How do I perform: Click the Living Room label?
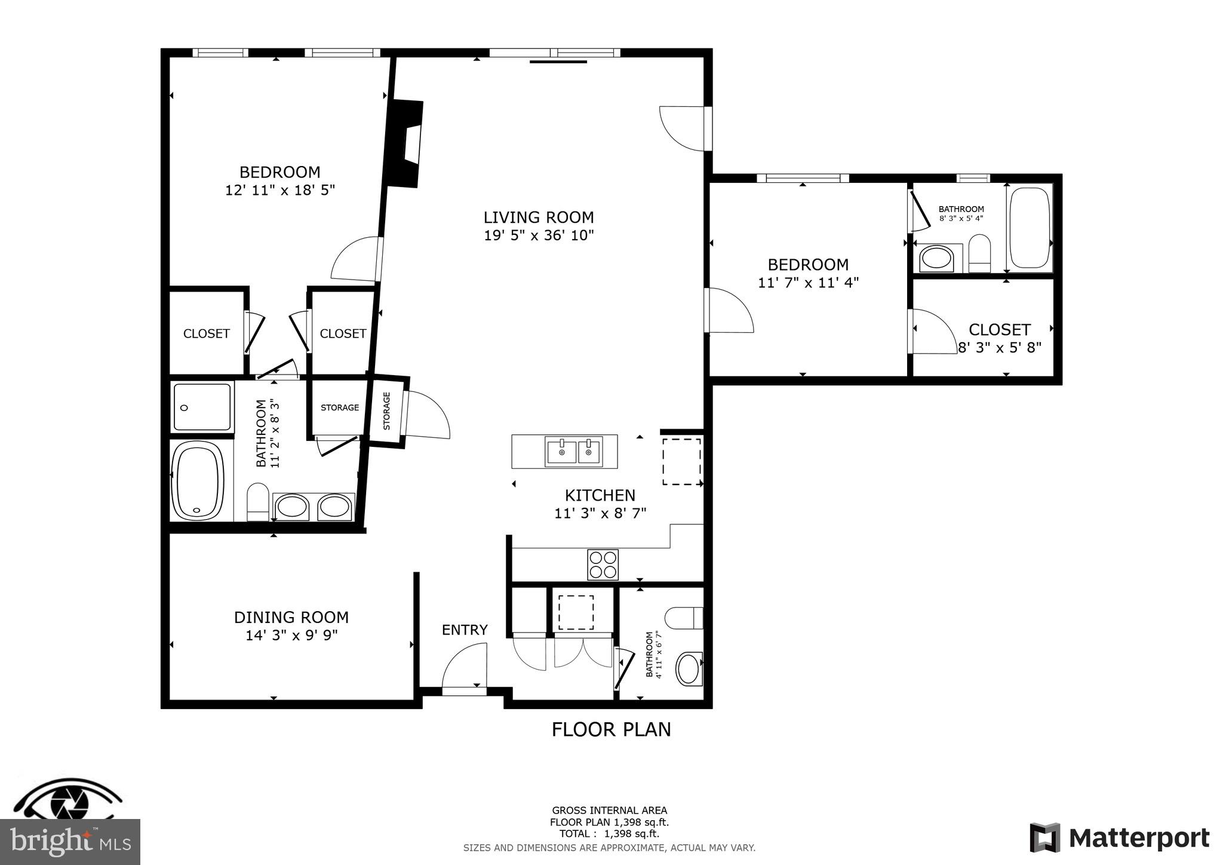pos(538,217)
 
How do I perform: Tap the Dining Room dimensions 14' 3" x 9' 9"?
pos(291,635)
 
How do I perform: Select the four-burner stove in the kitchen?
pos(603,565)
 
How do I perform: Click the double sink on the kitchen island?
pos(573,452)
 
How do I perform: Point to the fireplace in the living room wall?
pos(406,143)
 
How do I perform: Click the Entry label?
pos(465,630)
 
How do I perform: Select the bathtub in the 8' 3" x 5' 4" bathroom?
pos(1029,228)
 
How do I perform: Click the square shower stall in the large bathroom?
pos(202,407)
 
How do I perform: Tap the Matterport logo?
pos(1119,838)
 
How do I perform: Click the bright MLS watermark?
pos(70,842)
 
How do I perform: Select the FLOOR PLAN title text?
pos(611,729)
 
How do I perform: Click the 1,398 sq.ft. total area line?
pos(609,834)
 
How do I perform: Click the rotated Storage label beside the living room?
pos(386,411)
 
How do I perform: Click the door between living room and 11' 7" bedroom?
pos(729,311)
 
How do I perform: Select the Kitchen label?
pos(600,495)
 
